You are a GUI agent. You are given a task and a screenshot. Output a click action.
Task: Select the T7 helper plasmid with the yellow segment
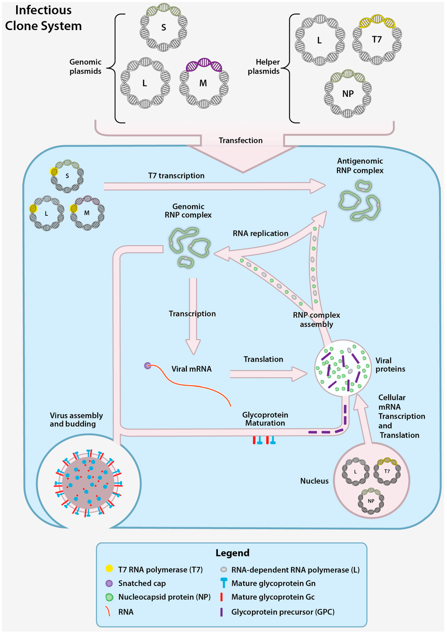pyautogui.click(x=377, y=40)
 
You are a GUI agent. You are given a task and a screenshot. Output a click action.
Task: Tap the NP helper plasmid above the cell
pyautogui.click(x=348, y=94)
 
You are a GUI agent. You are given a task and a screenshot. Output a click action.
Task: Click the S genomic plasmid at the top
pyautogui.click(x=163, y=27)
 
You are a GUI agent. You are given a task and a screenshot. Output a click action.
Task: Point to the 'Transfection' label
pyautogui.click(x=241, y=140)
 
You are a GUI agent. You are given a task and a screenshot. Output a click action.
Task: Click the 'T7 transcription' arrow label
pyautogui.click(x=176, y=176)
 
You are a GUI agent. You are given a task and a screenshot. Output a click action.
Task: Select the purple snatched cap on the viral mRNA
pyautogui.click(x=148, y=366)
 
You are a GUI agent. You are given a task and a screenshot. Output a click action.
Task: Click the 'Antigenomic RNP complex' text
pyautogui.click(x=360, y=166)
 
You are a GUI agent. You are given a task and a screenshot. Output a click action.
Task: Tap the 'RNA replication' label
pyautogui.click(x=260, y=233)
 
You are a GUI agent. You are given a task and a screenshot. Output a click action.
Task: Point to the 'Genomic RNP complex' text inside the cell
pyautogui.click(x=188, y=211)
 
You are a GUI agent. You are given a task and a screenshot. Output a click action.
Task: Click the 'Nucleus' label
pyautogui.click(x=314, y=481)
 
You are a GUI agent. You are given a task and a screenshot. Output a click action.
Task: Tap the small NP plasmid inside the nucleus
pyautogui.click(x=371, y=500)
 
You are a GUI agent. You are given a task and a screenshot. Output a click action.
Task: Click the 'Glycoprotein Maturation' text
pyautogui.click(x=265, y=419)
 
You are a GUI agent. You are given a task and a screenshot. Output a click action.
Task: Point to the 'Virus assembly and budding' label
pyautogui.click(x=76, y=419)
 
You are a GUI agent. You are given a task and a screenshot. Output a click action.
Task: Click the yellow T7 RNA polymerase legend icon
pyautogui.click(x=109, y=569)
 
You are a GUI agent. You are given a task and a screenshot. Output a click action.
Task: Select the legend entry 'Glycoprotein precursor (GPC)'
pyautogui.click(x=283, y=612)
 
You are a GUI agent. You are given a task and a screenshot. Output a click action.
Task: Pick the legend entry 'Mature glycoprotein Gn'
pyautogui.click(x=273, y=583)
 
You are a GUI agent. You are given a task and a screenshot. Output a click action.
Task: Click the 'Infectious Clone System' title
pyautogui.click(x=43, y=18)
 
